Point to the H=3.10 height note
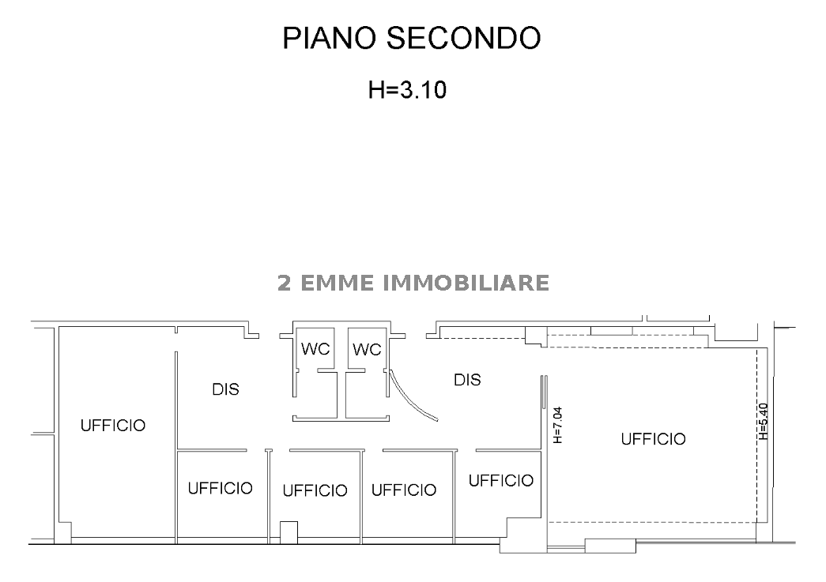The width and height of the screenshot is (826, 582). coord(408,90)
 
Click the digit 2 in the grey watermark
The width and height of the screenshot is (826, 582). coord(285,282)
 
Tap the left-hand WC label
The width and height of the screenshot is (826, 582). coord(315,349)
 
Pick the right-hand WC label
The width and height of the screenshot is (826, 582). coord(367,349)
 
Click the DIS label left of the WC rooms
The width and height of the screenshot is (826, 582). coord(225,389)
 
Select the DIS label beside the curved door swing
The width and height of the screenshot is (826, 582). coord(467,380)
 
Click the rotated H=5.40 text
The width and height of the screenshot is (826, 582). coord(762,421)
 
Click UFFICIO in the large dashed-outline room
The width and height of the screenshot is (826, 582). coord(653,439)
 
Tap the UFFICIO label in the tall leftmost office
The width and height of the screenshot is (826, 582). coord(113,426)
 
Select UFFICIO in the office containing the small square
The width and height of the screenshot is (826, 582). coord(315,490)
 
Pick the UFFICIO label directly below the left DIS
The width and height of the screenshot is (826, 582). coord(220,488)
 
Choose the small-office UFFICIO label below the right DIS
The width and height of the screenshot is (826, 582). coord(501,480)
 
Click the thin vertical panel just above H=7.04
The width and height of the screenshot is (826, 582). coord(545,392)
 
